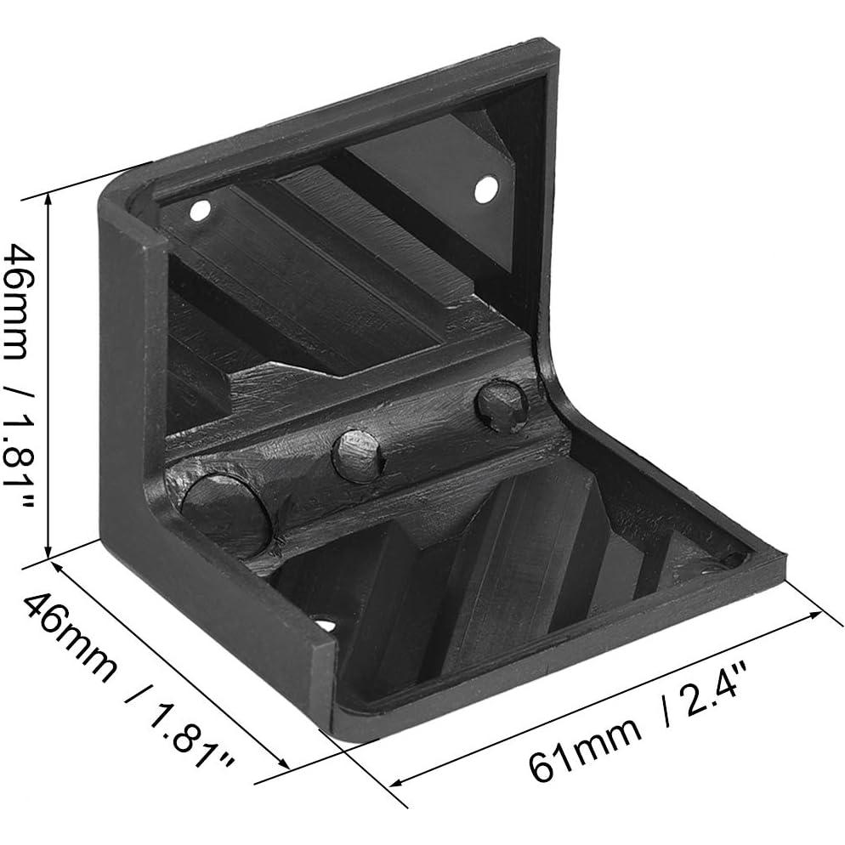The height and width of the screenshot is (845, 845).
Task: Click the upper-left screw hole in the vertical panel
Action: (201, 210)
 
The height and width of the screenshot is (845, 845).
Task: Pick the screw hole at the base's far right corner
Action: (731, 561)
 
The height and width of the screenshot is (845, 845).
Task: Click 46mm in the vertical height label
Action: (26, 298)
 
